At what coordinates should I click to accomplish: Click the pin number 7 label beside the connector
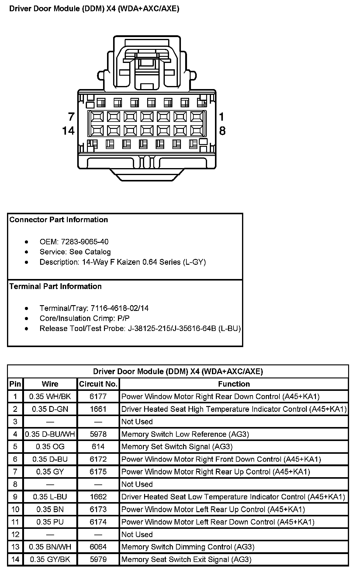(x=71, y=117)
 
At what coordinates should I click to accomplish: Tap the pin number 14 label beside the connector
(x=68, y=131)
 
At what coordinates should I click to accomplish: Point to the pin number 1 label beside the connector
(x=222, y=117)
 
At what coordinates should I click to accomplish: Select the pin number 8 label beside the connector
(x=222, y=131)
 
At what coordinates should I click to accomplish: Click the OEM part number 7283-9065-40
(x=85, y=242)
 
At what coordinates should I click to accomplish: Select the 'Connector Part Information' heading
(x=59, y=220)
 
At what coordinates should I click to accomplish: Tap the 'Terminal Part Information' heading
(x=55, y=286)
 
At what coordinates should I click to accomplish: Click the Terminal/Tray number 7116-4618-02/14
(x=119, y=308)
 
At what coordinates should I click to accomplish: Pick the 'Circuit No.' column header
(x=98, y=384)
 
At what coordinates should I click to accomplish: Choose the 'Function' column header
(x=234, y=384)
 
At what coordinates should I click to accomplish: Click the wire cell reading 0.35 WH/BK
(x=50, y=397)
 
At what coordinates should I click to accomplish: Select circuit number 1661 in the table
(x=98, y=409)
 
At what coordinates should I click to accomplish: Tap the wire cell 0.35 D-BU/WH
(x=50, y=434)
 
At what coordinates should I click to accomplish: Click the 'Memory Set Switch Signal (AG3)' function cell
(x=177, y=446)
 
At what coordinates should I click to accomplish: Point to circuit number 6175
(x=98, y=472)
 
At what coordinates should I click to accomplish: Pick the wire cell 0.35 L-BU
(x=50, y=497)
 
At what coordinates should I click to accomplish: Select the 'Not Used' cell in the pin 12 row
(x=137, y=534)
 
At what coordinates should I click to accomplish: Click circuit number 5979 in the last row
(x=98, y=559)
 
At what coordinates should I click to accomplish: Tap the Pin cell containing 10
(x=15, y=509)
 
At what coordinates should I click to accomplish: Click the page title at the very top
(x=94, y=9)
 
